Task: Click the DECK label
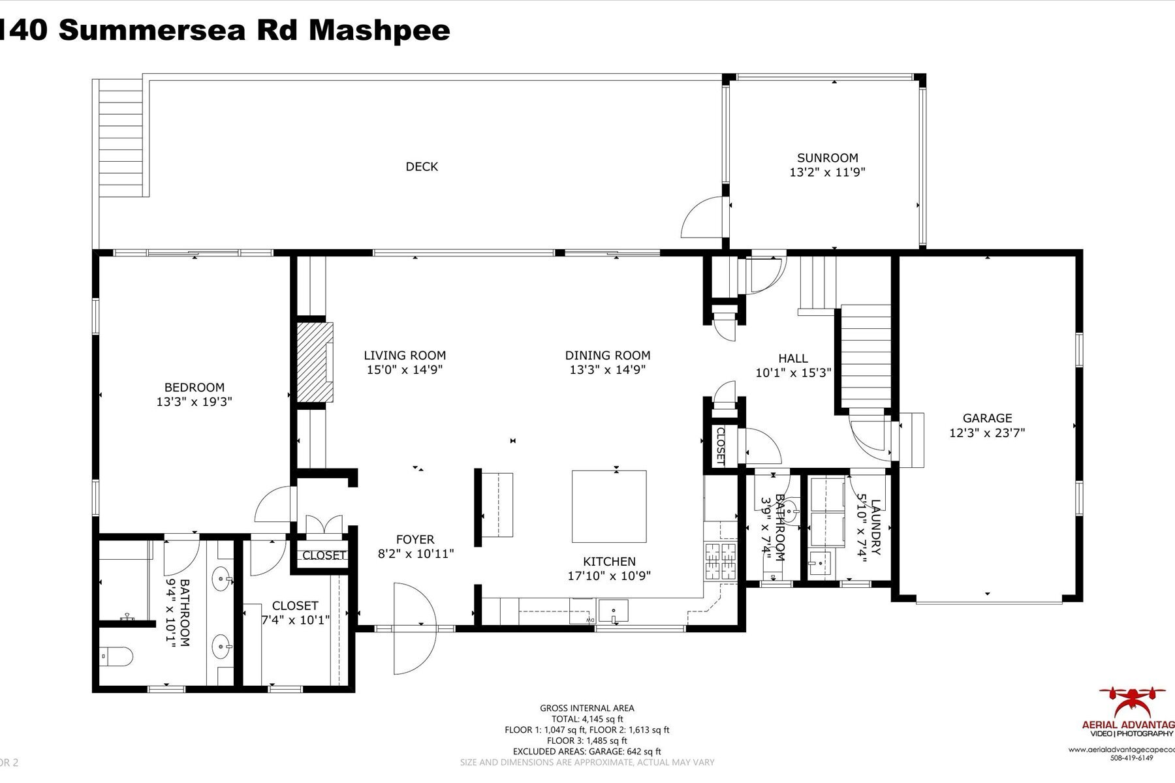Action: coord(422,166)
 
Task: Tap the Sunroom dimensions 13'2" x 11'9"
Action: coord(827,172)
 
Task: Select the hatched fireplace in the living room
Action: coord(312,363)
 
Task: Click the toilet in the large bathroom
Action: coord(117,654)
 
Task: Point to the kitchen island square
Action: coord(609,506)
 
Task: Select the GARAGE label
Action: coord(987,418)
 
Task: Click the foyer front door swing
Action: coord(414,628)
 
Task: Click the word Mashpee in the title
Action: coord(379,30)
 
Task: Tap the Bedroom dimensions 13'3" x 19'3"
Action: coord(194,402)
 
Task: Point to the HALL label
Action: coord(792,358)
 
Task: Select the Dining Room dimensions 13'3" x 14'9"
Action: coord(607,370)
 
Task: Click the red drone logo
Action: coord(1131,701)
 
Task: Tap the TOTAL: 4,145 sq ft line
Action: coord(587,719)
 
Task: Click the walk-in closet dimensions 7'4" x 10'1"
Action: coord(295,620)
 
